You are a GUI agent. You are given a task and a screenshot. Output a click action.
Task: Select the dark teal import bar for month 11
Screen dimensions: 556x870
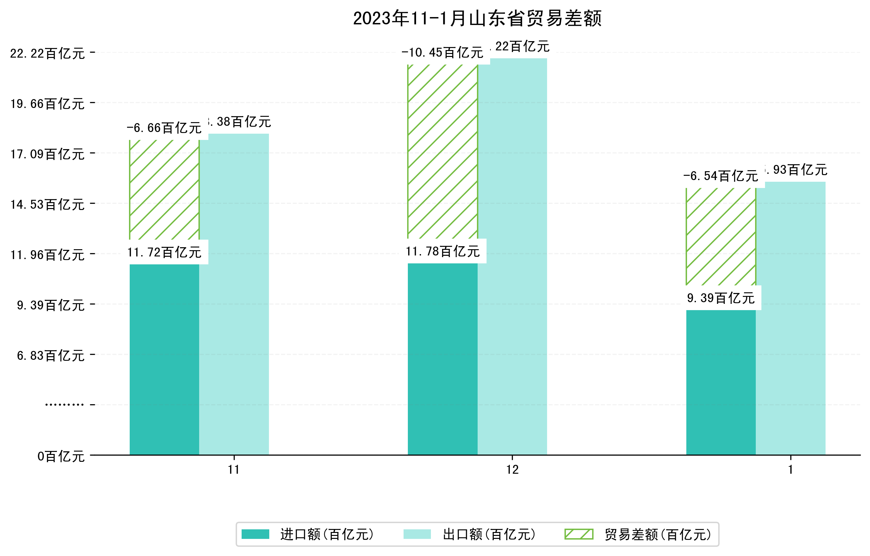tap(164, 359)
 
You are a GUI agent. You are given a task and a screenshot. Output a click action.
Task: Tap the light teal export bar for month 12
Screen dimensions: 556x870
tap(512, 256)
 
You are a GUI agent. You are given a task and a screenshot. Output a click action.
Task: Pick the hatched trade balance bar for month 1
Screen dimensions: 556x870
tap(721, 237)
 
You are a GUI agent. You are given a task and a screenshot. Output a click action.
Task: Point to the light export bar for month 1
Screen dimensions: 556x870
tap(791, 318)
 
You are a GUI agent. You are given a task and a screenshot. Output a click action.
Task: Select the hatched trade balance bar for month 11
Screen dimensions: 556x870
tap(164, 190)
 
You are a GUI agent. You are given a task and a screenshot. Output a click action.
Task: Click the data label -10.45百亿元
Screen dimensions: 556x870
tap(442, 53)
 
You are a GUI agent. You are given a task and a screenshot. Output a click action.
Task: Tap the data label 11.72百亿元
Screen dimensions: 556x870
tap(164, 252)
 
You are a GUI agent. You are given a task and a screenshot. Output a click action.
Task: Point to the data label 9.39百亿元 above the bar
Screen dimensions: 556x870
tap(721, 298)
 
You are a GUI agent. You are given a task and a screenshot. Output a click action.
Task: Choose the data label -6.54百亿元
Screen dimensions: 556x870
tap(721, 176)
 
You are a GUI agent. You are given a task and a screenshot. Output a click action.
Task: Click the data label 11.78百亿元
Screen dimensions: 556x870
tap(443, 251)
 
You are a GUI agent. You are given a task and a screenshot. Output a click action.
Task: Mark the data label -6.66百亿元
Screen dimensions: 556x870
tap(164, 128)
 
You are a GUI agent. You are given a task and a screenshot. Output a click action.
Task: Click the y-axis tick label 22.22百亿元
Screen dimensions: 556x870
tap(47, 53)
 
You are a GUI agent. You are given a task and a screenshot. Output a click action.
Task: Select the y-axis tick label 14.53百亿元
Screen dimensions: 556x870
tap(47, 204)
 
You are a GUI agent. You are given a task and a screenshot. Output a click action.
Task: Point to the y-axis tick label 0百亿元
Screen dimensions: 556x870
tap(61, 456)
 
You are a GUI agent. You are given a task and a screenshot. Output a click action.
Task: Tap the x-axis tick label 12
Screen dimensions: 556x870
tap(512, 470)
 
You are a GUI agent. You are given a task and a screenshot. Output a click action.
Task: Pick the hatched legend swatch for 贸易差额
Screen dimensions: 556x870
tap(579, 534)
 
